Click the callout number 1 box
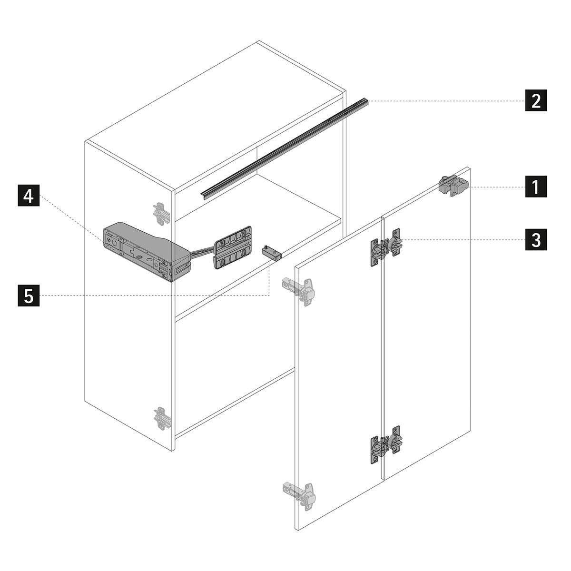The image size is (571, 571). [536, 187]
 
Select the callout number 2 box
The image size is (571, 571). [536, 100]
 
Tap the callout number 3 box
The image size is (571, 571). [536, 239]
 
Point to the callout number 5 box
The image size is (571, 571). [29, 295]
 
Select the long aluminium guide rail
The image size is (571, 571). [285, 149]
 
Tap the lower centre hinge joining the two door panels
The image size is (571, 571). [386, 444]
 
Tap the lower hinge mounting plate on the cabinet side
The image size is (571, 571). [162, 418]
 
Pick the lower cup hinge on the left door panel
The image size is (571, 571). [299, 492]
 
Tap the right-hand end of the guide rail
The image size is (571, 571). [367, 101]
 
